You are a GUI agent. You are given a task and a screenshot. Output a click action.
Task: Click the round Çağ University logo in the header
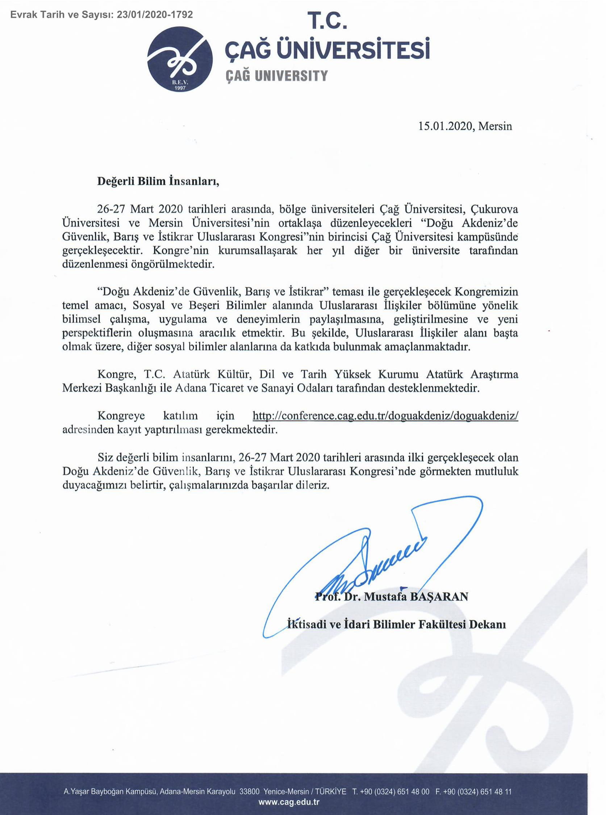pos(180,59)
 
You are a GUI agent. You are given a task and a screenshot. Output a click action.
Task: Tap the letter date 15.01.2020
pos(444,126)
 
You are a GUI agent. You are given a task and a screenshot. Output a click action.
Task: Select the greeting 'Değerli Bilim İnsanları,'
pos(158,181)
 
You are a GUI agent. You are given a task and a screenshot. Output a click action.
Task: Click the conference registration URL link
pos(385,415)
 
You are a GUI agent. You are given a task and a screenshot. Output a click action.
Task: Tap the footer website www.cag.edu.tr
pos(289,799)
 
